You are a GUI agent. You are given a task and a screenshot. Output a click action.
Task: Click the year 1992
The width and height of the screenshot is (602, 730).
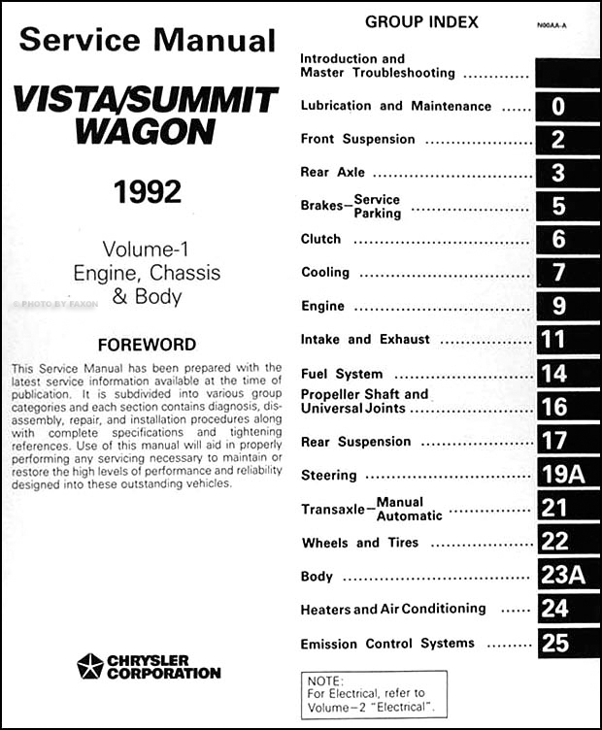pyautogui.click(x=147, y=190)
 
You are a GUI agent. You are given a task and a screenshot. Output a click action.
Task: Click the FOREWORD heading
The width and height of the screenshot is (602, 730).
pyautogui.click(x=148, y=345)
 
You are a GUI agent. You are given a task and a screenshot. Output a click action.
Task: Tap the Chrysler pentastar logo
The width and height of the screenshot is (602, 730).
pyautogui.click(x=90, y=666)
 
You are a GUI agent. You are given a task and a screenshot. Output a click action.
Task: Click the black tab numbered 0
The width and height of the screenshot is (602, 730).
pyautogui.click(x=558, y=106)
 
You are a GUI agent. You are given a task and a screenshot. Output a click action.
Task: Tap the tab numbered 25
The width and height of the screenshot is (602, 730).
pyautogui.click(x=558, y=643)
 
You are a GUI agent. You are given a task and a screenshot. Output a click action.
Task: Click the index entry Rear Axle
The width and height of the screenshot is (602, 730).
pyautogui.click(x=333, y=172)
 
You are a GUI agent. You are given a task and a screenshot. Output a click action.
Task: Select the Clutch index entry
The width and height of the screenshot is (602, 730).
pyautogui.click(x=321, y=239)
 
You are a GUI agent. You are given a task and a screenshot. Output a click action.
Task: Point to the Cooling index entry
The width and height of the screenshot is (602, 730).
pyautogui.click(x=325, y=273)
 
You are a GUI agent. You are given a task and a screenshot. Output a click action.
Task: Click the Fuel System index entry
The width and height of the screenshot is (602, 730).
pyautogui.click(x=342, y=374)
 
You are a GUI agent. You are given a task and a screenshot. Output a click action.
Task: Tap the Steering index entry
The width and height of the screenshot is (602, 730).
pyautogui.click(x=329, y=476)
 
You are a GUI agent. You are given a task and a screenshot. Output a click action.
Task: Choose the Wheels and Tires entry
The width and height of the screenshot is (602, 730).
pyautogui.click(x=360, y=543)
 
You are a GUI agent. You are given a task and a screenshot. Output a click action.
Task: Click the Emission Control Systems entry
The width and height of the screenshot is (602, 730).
pyautogui.click(x=387, y=644)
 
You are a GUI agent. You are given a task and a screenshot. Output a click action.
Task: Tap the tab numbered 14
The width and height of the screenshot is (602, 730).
pyautogui.click(x=558, y=374)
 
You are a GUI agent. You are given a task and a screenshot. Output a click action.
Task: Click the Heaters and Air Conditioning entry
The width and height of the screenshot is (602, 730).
pyautogui.click(x=393, y=609)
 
